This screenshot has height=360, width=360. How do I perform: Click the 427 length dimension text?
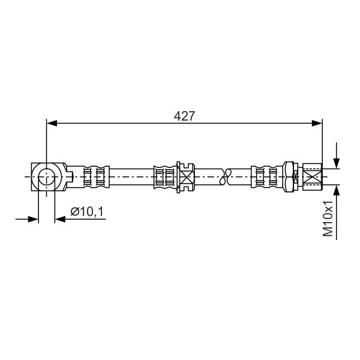[184, 116]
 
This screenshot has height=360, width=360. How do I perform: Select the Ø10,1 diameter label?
[87, 211]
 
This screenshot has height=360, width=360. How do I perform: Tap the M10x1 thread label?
[328, 218]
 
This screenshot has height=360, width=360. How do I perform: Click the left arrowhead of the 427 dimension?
[52, 123]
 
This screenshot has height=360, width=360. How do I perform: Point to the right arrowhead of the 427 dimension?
[317, 123]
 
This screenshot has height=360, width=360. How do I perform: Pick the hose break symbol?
[225, 177]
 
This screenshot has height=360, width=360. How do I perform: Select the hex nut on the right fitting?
[289, 176]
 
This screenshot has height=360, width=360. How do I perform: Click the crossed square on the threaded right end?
[313, 176]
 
